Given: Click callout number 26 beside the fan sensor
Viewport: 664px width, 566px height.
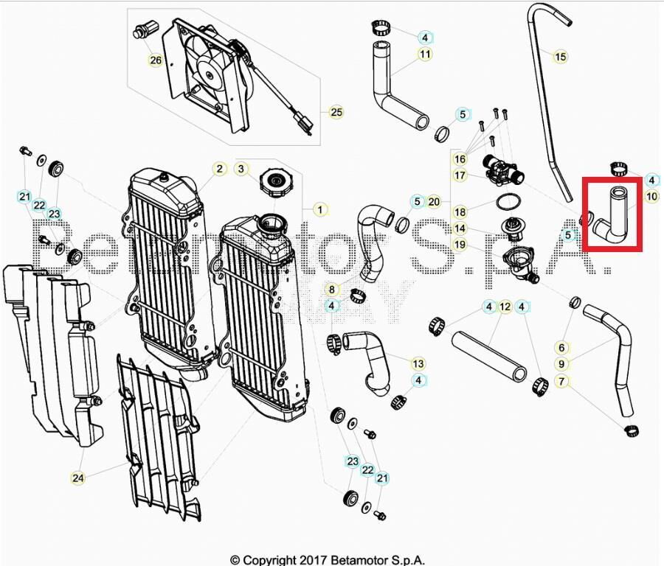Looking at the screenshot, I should (x=155, y=60).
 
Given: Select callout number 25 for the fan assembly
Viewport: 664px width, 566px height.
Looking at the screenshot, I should (x=336, y=113).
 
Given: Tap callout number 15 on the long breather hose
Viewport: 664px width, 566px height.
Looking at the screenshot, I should (x=560, y=57).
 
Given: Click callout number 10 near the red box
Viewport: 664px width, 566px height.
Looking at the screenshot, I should (x=651, y=197).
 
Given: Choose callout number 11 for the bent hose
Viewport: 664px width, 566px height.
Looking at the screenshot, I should (x=425, y=54).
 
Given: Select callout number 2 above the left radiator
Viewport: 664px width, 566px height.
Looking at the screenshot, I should (x=219, y=169).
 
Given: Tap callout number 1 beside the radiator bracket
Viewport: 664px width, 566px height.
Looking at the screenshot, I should (x=319, y=210).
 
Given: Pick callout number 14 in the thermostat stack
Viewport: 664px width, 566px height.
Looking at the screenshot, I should (x=460, y=228).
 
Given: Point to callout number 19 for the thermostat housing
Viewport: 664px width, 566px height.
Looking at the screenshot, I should (x=460, y=245).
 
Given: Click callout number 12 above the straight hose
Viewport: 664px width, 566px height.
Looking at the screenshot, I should (x=505, y=307).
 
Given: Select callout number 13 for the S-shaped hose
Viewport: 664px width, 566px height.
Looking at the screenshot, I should (x=418, y=363).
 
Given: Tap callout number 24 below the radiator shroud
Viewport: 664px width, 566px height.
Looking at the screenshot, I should (x=77, y=478).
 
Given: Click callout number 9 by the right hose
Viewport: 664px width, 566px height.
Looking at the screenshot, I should (x=561, y=364).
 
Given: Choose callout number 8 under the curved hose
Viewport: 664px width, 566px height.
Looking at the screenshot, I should (x=332, y=290).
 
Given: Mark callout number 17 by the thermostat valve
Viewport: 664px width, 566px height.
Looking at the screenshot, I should (x=460, y=175).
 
